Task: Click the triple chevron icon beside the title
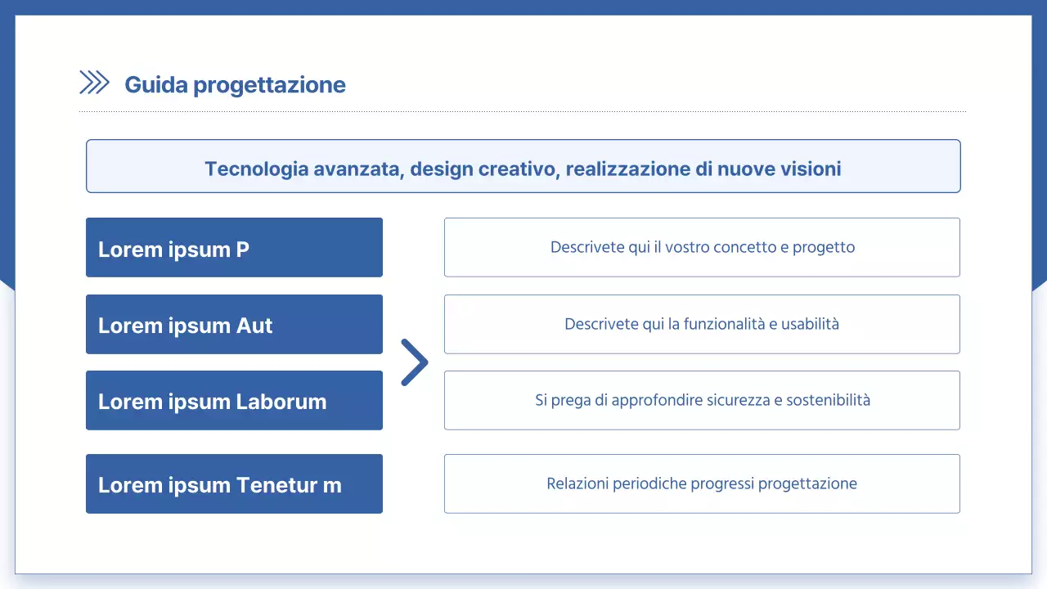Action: pos(94,83)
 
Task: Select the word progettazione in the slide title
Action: pos(270,85)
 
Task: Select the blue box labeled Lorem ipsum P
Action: pos(234,247)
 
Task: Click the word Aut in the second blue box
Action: pos(254,326)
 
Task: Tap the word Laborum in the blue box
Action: pos(281,402)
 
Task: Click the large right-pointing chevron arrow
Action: pos(415,362)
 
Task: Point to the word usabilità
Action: pos(810,324)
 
